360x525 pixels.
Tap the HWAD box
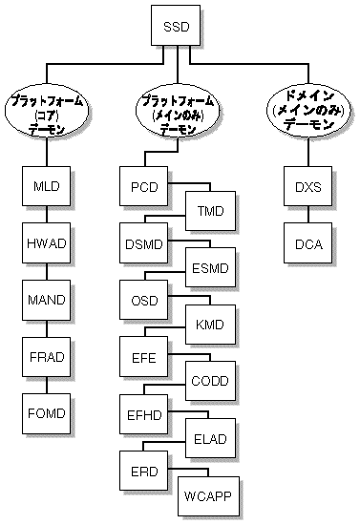pyautogui.click(x=47, y=242)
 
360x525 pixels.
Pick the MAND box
pyautogui.click(x=47, y=300)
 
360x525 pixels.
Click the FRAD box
pyautogui.click(x=47, y=357)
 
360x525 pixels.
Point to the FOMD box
pyautogui.click(x=47, y=414)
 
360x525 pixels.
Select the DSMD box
pyautogui.click(x=144, y=243)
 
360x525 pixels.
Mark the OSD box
pyautogui.click(x=144, y=301)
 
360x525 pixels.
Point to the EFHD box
pyautogui.click(x=144, y=416)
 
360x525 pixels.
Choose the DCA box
pyautogui.click(x=307, y=243)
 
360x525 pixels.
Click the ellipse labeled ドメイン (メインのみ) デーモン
pyautogui.click(x=307, y=112)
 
